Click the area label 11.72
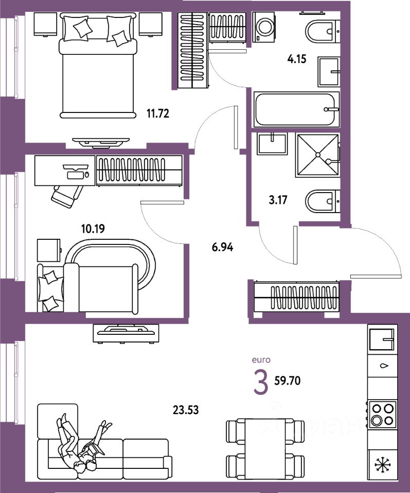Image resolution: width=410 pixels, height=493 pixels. click(157, 114)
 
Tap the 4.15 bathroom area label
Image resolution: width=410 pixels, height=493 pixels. click(296, 59)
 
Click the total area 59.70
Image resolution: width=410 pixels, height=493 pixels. click(287, 381)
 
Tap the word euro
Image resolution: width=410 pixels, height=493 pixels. click(261, 360)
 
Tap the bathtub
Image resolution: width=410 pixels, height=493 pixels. click(297, 108)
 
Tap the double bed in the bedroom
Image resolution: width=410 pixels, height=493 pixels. click(99, 67)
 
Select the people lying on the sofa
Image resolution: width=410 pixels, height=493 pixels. click(82, 444)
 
